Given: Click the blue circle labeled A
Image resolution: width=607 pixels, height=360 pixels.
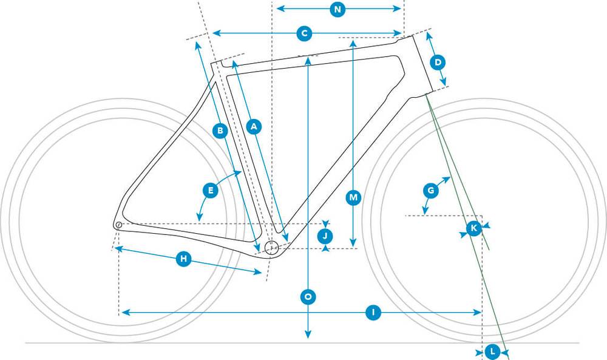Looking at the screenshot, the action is pos(254,126).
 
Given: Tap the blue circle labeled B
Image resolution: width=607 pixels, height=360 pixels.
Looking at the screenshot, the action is pos(220,131).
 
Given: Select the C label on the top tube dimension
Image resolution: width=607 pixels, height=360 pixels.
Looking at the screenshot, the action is pos(304,33).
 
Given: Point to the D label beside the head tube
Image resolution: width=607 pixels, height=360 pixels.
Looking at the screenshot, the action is pos(438,63).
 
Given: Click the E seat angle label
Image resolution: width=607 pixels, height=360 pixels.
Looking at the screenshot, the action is pos(211,191).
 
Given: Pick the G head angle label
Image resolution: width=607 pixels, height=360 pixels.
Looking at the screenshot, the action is pos(430,191).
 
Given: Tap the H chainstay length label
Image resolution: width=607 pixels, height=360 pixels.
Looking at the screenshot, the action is pos(183,259).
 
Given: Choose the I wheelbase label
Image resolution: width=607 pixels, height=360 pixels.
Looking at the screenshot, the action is pos(373,313).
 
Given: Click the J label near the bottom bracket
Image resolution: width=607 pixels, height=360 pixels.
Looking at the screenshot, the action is pos(325,236).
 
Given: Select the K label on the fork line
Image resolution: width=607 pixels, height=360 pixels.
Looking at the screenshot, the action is pos(474,228).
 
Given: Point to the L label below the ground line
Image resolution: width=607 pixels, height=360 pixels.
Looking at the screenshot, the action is pos(492,352).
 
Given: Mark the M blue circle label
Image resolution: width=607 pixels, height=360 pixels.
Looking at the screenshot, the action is pos(353,198).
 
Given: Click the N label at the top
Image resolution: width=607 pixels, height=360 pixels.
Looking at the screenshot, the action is pos(337,9).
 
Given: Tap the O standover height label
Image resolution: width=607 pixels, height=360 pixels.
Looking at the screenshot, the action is pos(308,297).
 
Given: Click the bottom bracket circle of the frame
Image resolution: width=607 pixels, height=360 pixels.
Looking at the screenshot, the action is pos(271,247).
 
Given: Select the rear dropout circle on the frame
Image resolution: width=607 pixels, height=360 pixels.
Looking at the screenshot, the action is pos(118,225).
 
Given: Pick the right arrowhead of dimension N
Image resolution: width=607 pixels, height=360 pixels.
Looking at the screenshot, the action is pos(397,9).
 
